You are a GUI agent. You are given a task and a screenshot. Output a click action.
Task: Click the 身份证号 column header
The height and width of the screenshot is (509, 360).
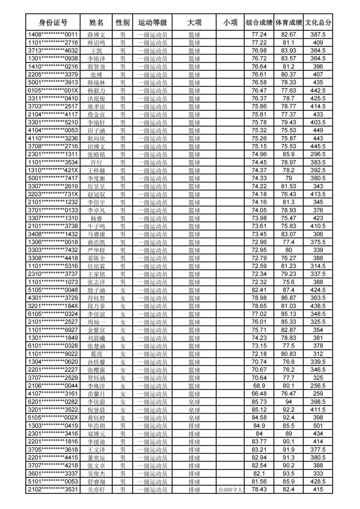click(53, 22)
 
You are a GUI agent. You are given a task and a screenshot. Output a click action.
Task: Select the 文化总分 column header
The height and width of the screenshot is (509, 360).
click(318, 22)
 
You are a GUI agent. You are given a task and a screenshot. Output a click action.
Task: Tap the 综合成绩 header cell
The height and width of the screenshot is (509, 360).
click(259, 22)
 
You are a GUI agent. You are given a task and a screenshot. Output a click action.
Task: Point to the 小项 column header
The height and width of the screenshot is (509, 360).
click(230, 22)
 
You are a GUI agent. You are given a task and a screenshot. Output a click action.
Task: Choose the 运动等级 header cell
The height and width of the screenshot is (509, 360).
click(152, 22)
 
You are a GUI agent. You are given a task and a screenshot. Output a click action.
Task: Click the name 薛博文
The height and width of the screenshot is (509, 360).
click(96, 35)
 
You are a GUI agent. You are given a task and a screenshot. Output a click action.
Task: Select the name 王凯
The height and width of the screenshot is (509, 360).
click(96, 51)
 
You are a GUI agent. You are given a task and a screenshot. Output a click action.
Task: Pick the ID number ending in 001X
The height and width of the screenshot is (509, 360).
click(53, 90)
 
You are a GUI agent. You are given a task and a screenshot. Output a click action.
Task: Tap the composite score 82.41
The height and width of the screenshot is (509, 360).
click(259, 290)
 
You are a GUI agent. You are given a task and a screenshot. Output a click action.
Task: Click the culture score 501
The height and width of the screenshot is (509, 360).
click(318, 426)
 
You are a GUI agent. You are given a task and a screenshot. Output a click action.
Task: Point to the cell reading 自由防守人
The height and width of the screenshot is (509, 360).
click(230, 490)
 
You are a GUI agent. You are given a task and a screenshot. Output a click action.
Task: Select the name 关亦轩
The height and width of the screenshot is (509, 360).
click(96, 490)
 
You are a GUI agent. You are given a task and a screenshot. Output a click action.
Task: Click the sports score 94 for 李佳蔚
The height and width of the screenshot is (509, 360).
click(289, 402)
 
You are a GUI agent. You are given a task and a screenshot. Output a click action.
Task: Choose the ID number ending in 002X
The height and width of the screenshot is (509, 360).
click(53, 418)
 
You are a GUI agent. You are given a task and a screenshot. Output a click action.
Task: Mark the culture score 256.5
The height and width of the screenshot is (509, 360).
click(318, 386)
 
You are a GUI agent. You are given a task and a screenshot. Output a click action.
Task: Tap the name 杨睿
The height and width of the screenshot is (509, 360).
click(96, 218)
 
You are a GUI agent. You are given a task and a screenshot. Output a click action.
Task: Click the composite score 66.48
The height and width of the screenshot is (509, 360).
click(259, 394)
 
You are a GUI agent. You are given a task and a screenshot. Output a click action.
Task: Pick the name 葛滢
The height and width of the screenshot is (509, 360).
click(96, 354)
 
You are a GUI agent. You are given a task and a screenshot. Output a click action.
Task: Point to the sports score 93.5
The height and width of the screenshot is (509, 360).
click(289, 474)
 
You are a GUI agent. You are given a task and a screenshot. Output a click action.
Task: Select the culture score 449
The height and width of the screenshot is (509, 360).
click(318, 130)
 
